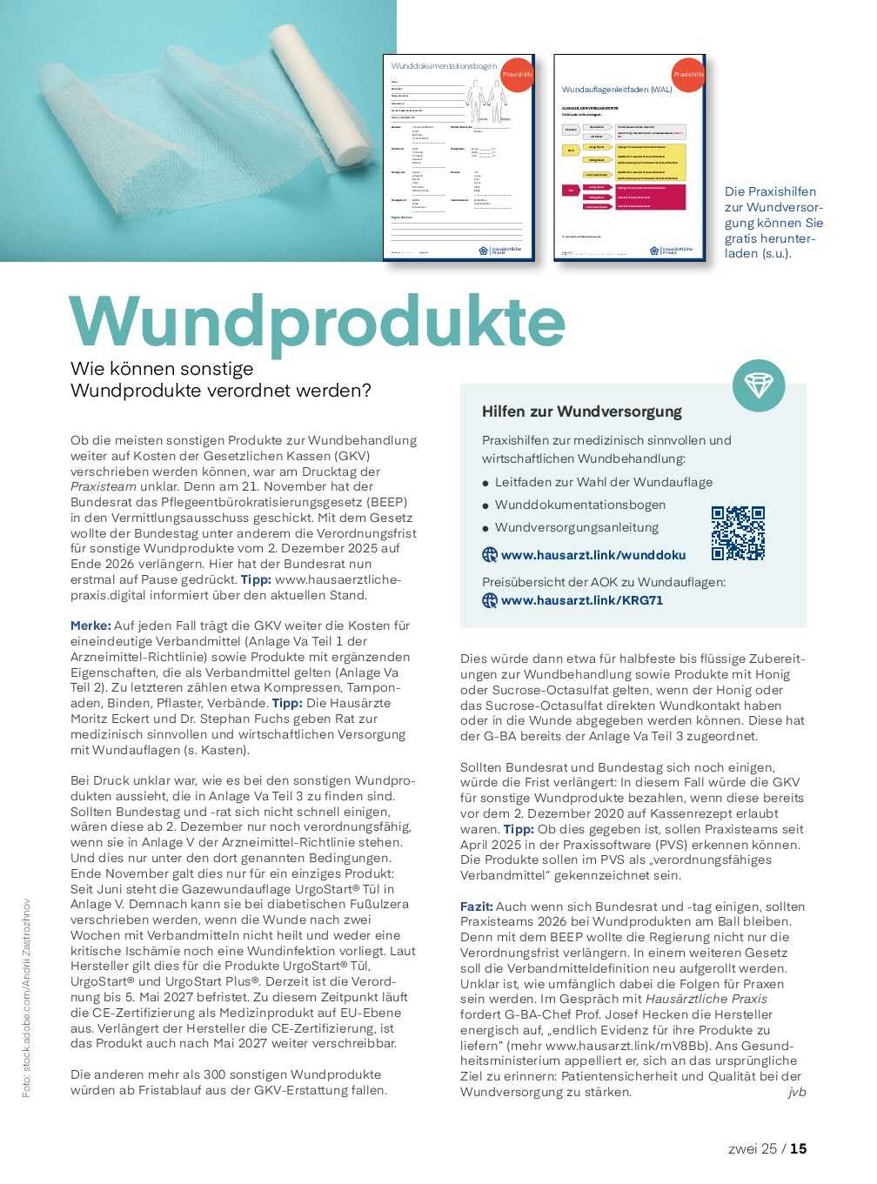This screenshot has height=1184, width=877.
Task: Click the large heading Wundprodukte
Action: (318, 321)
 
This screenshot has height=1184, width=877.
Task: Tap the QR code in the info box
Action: (738, 533)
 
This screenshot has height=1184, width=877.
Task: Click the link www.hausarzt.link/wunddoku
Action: (592, 555)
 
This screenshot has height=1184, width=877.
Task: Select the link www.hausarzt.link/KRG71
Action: (581, 600)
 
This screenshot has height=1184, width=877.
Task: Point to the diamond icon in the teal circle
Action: (758, 385)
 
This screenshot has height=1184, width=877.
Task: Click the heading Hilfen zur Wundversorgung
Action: (582, 411)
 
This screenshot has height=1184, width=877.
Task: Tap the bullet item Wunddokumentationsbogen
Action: (579, 505)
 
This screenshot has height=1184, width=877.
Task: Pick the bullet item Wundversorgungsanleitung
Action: (576, 527)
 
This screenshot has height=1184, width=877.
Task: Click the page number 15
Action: (798, 1148)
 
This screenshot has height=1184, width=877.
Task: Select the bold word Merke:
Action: (90, 625)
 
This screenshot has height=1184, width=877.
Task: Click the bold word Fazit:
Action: (477, 906)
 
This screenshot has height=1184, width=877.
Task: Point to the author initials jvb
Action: (796, 1092)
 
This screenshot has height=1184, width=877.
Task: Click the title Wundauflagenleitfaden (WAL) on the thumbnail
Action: (617, 90)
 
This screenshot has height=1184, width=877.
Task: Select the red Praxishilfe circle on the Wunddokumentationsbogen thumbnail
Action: (518, 74)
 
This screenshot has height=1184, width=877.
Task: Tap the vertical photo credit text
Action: (27, 997)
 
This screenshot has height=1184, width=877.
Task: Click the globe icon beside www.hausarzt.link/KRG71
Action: (490, 600)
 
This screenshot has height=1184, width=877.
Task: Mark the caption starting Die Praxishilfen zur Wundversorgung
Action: (773, 222)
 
